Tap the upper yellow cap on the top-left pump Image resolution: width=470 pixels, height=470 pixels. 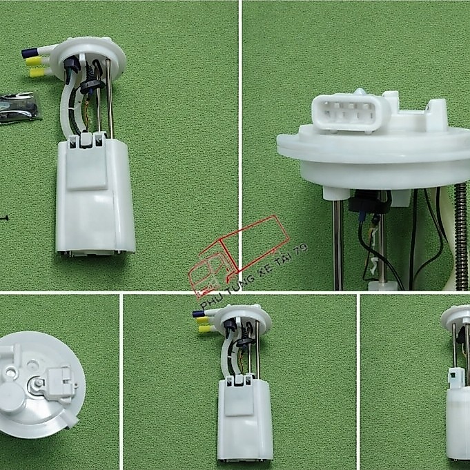coord(34,61)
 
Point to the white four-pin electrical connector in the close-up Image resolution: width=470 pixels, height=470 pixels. coord(350,113)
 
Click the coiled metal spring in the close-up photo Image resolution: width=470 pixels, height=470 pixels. coord(461,237)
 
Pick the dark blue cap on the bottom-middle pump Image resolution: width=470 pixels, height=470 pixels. coord(198,314)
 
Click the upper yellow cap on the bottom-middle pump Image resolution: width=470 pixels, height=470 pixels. coord(202,320)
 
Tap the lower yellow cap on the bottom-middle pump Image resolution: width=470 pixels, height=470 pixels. coord(204,329)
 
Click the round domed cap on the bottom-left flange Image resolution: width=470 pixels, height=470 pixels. coord(12,397)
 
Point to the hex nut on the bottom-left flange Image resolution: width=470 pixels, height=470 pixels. coord(39,383)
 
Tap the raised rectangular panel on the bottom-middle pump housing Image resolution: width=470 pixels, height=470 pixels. coord(239,400)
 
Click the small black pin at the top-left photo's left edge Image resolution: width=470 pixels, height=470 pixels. coord(3,218)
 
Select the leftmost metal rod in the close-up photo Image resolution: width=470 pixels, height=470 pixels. coord(337,245)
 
